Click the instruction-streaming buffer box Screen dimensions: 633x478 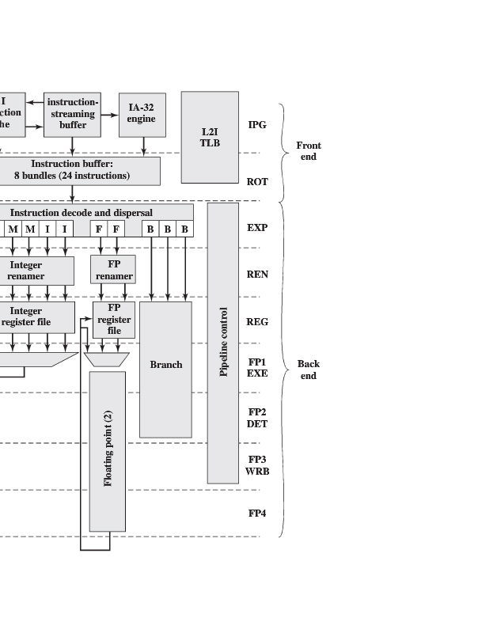click(72, 114)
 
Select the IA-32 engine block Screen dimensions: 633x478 click(142, 114)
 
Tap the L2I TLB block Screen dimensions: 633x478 click(210, 137)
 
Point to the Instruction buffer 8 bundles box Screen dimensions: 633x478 click(72, 170)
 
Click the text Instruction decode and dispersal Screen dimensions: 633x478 click(81, 213)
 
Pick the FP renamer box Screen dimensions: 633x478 click(114, 271)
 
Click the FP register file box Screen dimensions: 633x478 click(114, 319)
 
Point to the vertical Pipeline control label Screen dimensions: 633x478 click(223, 342)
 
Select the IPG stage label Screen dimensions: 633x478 click(257, 125)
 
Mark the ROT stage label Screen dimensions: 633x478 click(257, 182)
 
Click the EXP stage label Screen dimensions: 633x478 click(257, 228)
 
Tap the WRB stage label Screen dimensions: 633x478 click(258, 472)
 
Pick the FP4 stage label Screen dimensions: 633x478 click(257, 514)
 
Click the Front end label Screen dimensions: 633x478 click(309, 151)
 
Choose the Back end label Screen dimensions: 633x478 click(309, 370)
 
